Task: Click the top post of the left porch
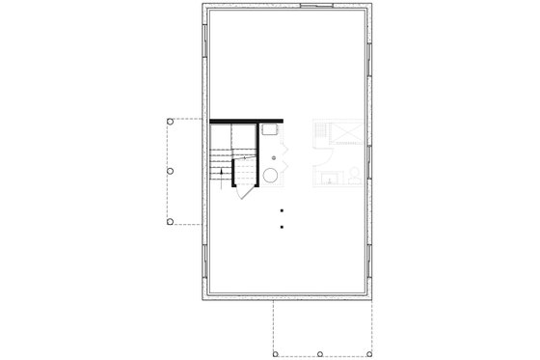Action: click(171, 121)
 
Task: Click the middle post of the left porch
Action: click(171, 171)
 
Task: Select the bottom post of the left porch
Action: click(171, 221)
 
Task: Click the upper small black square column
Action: click(281, 210)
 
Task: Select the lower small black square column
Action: click(281, 227)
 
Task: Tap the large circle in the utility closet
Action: click(271, 176)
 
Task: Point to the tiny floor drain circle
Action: click(274, 156)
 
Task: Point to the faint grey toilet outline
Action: click(354, 175)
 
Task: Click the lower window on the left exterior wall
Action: click(205, 255)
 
